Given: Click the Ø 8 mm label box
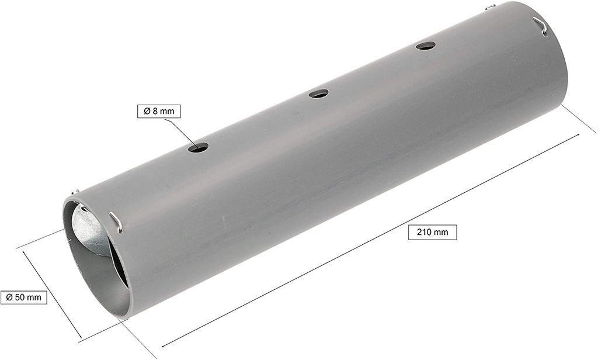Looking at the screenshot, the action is click(x=159, y=111).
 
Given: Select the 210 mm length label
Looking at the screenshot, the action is click(x=433, y=232).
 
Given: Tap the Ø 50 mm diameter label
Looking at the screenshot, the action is click(x=23, y=297).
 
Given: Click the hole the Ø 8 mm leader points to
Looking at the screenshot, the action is click(x=199, y=147).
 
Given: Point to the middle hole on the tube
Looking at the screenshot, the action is click(x=318, y=93).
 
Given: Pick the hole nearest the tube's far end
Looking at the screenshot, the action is click(x=426, y=46).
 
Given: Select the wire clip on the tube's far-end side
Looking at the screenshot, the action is click(x=540, y=26).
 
